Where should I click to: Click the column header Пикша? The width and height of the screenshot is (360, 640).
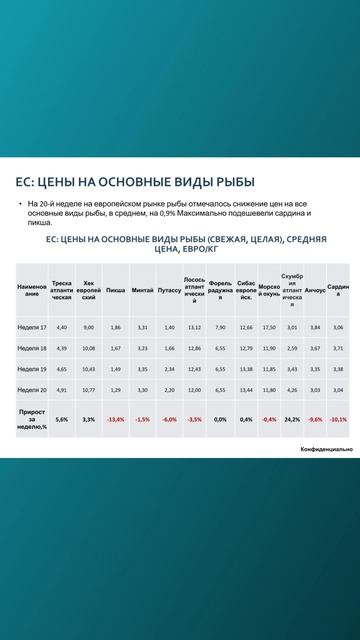click(116, 290)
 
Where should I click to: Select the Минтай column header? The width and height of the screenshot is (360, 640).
click(143, 290)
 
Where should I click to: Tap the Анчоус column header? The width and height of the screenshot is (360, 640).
click(315, 290)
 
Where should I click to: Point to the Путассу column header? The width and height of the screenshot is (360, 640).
click(169, 290)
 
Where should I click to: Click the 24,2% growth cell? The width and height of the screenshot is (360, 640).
click(292, 420)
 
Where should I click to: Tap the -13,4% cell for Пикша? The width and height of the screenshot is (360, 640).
click(116, 420)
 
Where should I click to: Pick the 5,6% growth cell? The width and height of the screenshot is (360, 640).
click(62, 420)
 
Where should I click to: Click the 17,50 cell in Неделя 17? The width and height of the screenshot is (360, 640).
click(269, 327)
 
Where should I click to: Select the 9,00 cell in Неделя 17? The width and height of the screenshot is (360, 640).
click(89, 327)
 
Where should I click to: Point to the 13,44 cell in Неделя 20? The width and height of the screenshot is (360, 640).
click(246, 390)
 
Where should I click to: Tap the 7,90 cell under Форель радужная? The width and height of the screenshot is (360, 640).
click(220, 327)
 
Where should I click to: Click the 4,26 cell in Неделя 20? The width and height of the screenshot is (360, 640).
click(292, 390)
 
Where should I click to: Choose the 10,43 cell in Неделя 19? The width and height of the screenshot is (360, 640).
click(89, 369)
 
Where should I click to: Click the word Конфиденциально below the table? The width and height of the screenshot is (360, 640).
click(326, 450)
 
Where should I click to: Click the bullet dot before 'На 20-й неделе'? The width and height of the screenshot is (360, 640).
click(19, 204)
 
